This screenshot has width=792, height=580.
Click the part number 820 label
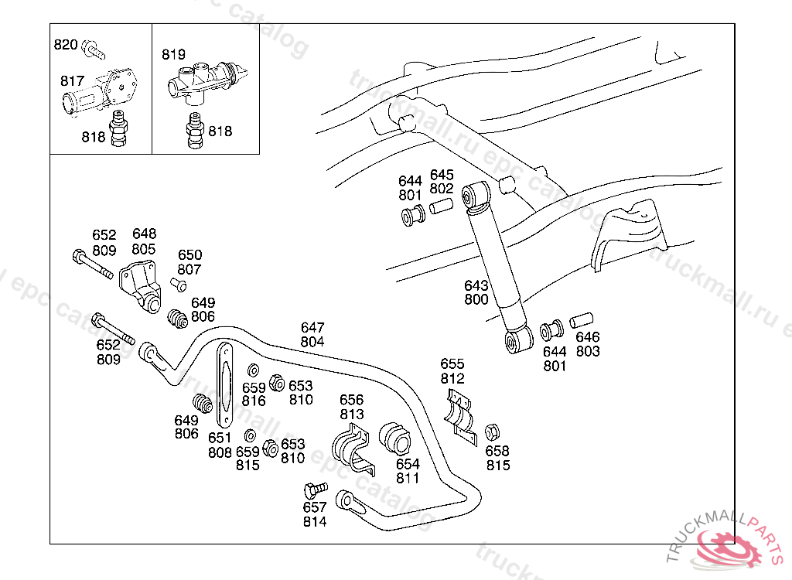coord(65,45)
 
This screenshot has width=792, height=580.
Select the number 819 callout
coord(173,55)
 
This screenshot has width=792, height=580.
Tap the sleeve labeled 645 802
coord(441,207)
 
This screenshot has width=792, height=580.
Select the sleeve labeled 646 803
coord(582,319)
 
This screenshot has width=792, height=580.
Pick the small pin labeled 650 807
coord(181,286)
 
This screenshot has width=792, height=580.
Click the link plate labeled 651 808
coord(225,384)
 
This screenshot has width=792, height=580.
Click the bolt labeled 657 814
coord(313,490)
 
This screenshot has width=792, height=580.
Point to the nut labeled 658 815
coord(490,432)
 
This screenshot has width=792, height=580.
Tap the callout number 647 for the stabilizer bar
coord(312,328)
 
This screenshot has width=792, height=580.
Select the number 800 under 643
coord(476,299)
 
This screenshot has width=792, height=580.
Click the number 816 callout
coord(254,401)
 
